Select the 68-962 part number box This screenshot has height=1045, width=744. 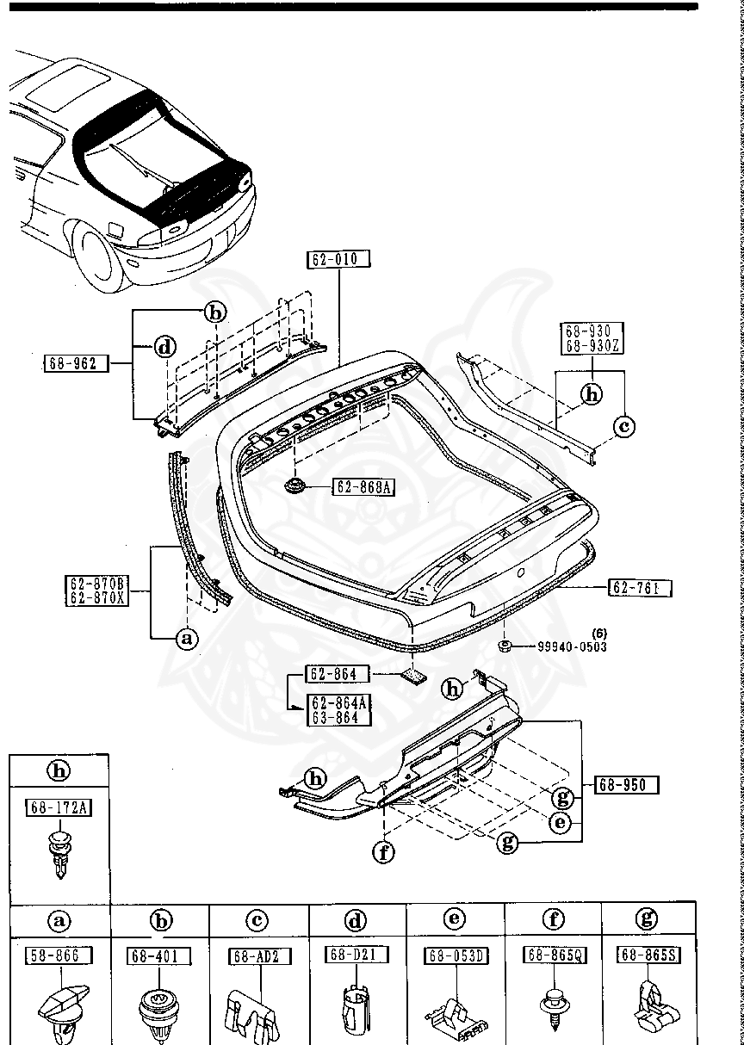pos(77,363)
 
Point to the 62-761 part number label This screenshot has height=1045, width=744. pos(641,588)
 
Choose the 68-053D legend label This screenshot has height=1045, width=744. pos(456,955)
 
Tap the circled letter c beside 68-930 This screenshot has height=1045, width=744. pos(624,425)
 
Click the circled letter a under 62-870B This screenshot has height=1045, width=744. pos(256,638)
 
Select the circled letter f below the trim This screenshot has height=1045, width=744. pos(383,852)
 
